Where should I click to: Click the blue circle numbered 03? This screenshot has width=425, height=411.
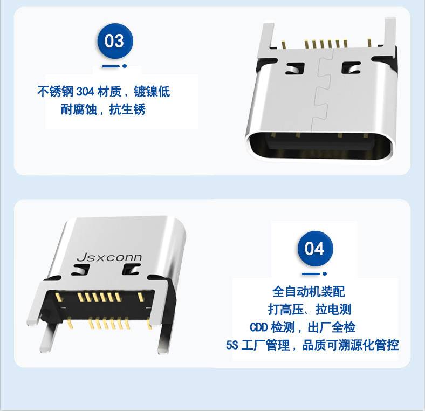115,41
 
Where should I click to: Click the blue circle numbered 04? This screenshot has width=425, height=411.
315,249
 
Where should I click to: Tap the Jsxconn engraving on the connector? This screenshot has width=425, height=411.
109,257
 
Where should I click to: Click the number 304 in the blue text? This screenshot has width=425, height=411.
85,92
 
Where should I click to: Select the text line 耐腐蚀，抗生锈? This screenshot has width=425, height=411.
103,109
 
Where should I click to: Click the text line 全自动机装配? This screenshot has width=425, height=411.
309,292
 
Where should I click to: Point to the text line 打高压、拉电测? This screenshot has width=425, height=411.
310,310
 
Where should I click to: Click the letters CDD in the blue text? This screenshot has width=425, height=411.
258,327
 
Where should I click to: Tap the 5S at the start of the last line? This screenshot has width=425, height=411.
232,345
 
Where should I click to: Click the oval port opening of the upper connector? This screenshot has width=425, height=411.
320,146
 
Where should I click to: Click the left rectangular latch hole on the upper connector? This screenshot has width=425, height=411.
295,68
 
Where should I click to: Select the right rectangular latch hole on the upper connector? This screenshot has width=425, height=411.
351,68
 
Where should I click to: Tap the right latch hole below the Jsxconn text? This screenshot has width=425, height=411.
131,269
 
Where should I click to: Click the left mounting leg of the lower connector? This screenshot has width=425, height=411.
49,338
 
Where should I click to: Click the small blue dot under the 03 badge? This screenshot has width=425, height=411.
125,66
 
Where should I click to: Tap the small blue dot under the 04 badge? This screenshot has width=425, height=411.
325,274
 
